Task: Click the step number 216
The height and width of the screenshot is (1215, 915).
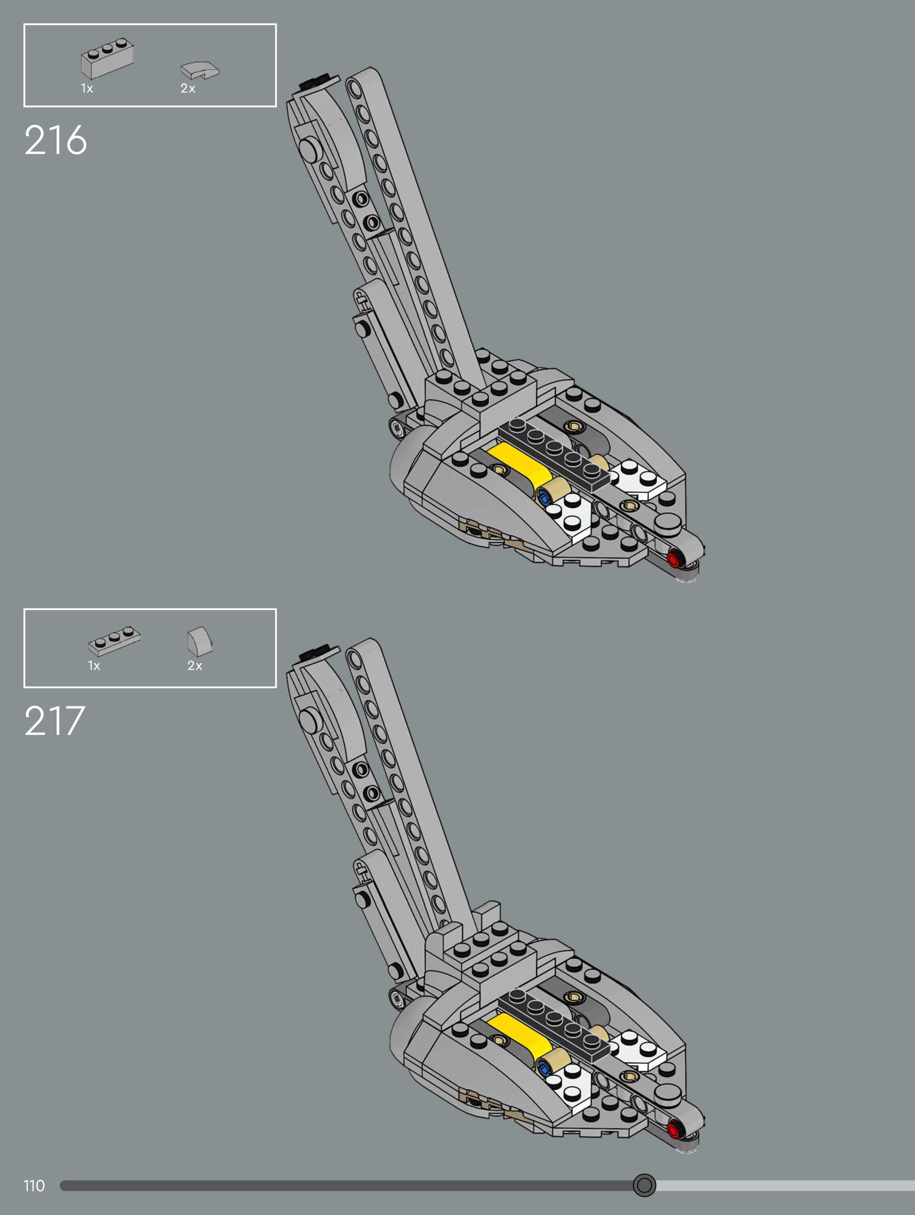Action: click(56, 140)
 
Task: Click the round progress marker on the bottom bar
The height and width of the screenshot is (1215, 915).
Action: click(644, 1185)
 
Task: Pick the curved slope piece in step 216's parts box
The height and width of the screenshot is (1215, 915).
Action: click(199, 70)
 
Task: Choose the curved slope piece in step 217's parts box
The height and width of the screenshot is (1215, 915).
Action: click(199, 640)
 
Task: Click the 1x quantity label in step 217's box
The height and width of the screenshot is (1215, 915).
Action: click(94, 666)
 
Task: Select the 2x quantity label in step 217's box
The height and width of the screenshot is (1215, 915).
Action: click(195, 666)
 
